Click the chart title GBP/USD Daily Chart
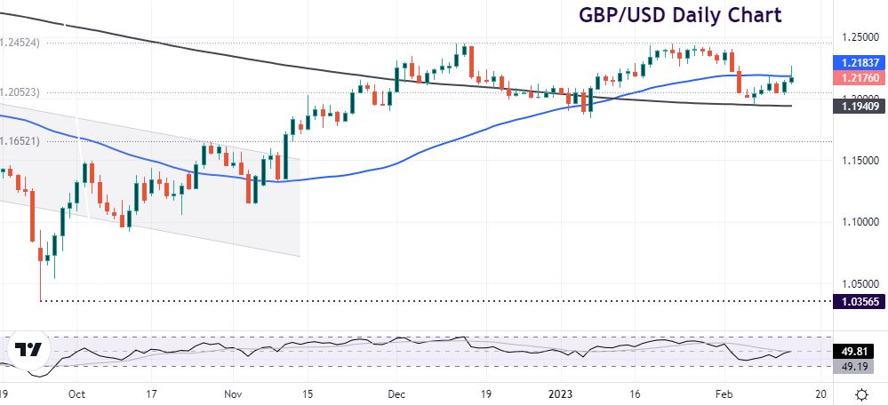pos(681,15)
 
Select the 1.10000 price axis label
pos(858,222)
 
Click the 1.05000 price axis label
pos(858,284)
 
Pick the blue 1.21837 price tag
pos(858,64)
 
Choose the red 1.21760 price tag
pos(858,78)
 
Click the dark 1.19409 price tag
pos(858,107)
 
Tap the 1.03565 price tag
pos(858,302)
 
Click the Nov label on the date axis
pos(233,393)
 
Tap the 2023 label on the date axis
pos(560,393)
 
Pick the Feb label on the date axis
pos(724,393)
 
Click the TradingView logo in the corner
pos(31,351)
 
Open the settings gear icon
pos(861,393)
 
